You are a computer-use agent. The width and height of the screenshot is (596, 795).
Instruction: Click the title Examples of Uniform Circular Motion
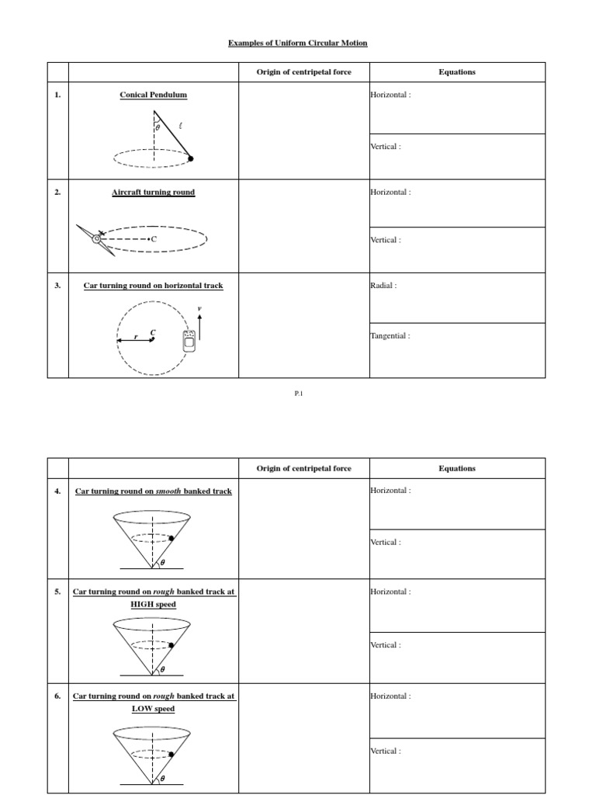(297, 43)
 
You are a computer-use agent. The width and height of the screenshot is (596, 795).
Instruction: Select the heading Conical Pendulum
(153, 95)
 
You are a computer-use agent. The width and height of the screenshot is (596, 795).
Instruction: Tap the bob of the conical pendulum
(191, 158)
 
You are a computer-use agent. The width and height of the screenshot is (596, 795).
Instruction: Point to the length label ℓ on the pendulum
(181, 125)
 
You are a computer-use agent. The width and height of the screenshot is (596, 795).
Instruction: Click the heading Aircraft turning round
(153, 192)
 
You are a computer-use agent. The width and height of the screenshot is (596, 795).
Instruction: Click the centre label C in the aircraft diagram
(153, 240)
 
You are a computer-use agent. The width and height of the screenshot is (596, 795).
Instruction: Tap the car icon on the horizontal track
(187, 340)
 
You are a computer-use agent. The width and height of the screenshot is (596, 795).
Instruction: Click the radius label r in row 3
(136, 338)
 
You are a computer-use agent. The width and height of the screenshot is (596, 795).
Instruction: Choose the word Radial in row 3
(383, 286)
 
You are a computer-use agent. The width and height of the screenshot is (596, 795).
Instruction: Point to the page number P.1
(298, 394)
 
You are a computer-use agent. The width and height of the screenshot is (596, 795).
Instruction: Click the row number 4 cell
(57, 491)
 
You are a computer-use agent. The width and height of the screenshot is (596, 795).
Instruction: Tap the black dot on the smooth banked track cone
(170, 538)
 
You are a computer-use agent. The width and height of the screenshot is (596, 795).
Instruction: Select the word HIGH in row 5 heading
(143, 604)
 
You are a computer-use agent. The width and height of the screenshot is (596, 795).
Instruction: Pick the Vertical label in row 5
(386, 645)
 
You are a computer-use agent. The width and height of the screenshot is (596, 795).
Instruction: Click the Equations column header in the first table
(457, 72)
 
